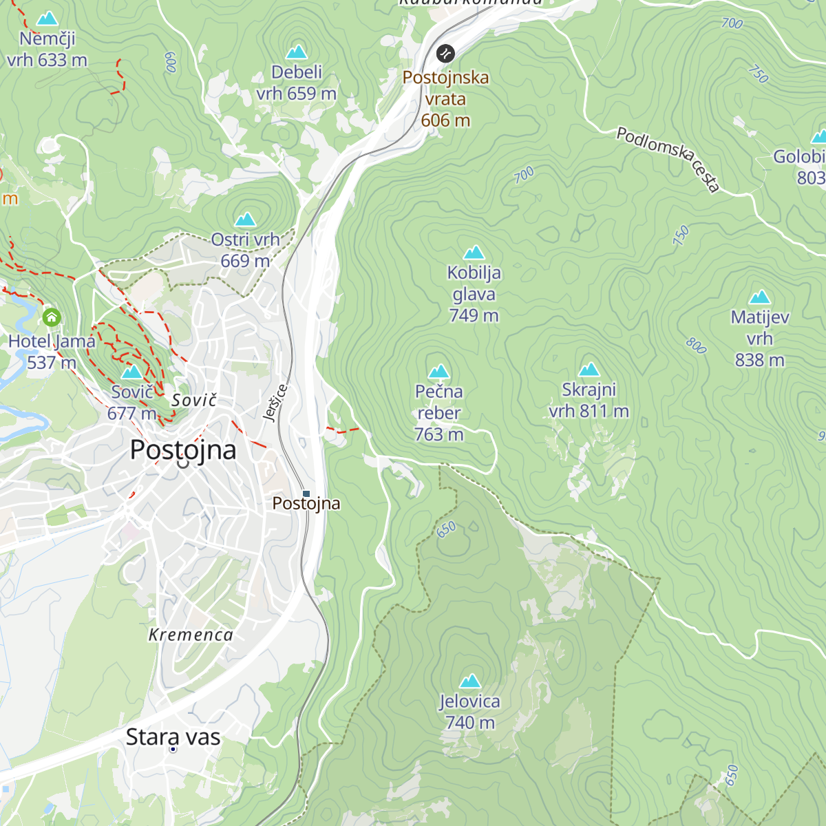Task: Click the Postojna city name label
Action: pos(183,449)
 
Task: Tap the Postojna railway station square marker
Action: pos(307,494)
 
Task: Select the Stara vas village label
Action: pos(173,737)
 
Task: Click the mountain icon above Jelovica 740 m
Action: pos(470,681)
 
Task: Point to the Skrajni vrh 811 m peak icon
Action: pos(589,370)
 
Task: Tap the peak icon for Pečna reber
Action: pos(438,372)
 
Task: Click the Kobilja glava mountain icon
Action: pos(474,253)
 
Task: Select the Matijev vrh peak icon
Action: pos(759,297)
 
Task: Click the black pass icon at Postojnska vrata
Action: pos(445,53)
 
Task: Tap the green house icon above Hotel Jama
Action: pos(52,317)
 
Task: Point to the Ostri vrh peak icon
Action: pos(245,220)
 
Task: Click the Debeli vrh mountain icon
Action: pos(296,52)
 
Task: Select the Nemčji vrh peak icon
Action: pos(47,19)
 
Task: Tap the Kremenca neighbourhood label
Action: pos(191,635)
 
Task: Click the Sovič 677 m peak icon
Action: pos(131,372)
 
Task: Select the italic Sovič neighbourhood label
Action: pos(194,401)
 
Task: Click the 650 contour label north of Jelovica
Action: pos(447,529)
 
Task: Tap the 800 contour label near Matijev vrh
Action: pos(696,346)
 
